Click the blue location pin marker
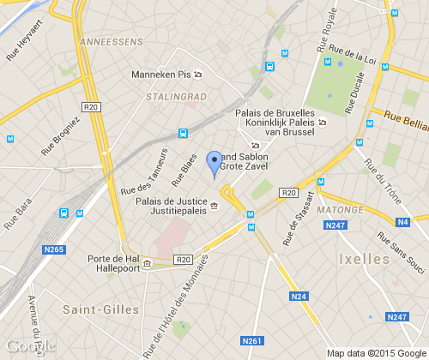214,163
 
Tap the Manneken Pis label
160,75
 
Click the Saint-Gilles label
97,306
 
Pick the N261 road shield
252,340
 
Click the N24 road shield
299,297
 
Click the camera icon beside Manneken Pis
198,75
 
